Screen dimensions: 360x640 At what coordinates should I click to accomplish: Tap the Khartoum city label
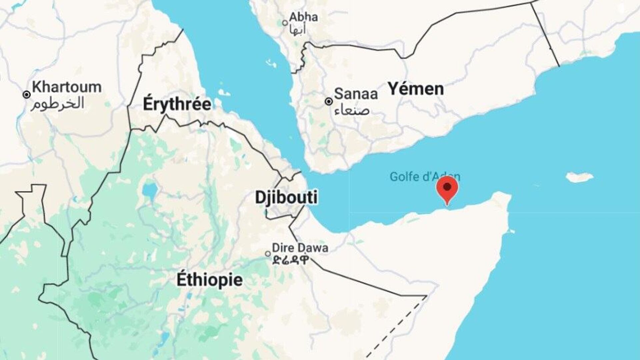point(67,87)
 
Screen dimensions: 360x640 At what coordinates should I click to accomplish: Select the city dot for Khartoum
point(27,95)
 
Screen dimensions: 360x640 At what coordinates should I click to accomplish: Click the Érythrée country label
point(177,104)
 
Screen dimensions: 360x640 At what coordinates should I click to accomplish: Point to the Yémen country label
point(416,89)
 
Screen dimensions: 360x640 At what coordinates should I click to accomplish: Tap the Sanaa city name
point(356,94)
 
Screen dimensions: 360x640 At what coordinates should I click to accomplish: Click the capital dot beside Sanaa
point(329,101)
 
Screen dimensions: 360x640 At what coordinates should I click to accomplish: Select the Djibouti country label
point(286,197)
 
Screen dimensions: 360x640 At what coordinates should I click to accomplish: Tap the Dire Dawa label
point(300,248)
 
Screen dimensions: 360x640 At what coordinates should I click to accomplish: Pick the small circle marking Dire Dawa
point(268,254)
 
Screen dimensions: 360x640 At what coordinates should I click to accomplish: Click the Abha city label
point(303,17)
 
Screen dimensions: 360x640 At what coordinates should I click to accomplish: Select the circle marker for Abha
point(285,23)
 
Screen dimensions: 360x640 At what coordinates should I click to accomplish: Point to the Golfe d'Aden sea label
point(425,176)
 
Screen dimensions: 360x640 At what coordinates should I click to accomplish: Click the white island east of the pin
point(580,177)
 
